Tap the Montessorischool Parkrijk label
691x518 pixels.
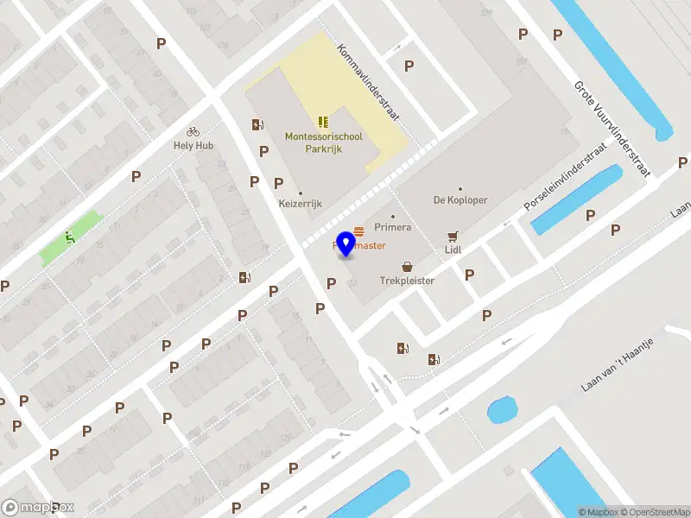tap(324, 142)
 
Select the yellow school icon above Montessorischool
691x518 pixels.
tap(324, 121)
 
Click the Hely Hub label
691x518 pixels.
tap(193, 145)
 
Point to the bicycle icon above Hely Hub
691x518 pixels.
tap(193, 131)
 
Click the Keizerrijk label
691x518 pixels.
tap(300, 204)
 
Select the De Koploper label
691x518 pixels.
tap(460, 200)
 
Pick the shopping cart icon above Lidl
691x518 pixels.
tap(453, 235)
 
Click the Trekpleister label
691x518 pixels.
tap(407, 281)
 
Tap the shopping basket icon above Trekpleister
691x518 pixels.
tap(407, 268)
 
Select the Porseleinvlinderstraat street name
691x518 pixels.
tap(566, 178)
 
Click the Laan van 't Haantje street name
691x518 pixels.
tap(617, 364)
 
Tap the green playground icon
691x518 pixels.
tap(69, 237)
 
